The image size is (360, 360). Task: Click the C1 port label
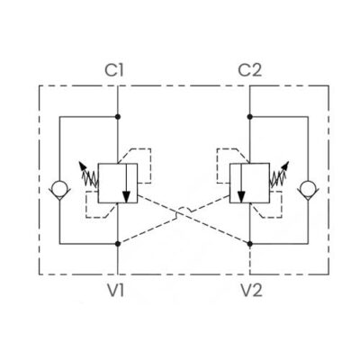tap(114, 70)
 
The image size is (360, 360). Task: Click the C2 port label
tap(249, 70)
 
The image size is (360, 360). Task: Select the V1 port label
tap(116, 290)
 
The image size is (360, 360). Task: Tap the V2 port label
tap(251, 290)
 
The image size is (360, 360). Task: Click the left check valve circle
tap(59, 188)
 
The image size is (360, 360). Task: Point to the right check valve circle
tap(308, 188)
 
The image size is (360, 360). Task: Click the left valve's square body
tap(118, 183)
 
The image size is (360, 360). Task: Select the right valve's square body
tap(249, 183)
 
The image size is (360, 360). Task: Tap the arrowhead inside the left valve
tap(126, 196)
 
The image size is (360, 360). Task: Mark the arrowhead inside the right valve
tap(241, 196)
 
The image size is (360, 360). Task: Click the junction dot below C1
tap(118, 117)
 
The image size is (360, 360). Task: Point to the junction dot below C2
tap(249, 117)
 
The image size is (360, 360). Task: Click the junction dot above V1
tap(118, 244)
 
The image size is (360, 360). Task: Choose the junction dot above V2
tap(249, 243)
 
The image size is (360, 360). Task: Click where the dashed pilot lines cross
tap(178, 213)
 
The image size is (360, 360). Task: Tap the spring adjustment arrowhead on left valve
tap(81, 165)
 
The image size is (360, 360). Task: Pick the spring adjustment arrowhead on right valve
tap(286, 165)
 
